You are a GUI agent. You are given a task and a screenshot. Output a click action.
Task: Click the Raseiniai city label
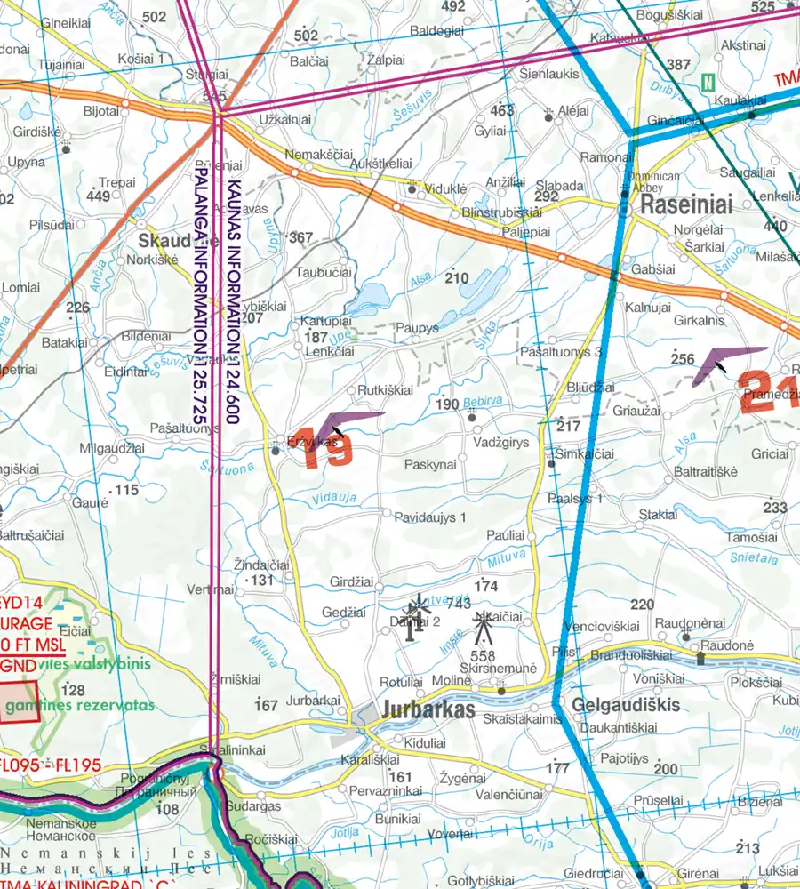pyautogui.click(x=687, y=206)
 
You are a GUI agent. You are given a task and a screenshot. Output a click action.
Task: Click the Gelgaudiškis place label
pyautogui.click(x=627, y=705)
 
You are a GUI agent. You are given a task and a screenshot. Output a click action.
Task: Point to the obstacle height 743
pyautogui.click(x=458, y=604)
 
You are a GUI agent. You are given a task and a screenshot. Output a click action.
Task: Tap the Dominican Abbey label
pyautogui.click(x=655, y=182)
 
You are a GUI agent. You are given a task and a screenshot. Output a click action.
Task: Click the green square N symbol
pyautogui.click(x=708, y=83)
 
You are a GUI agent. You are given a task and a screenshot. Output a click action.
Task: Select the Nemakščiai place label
pyautogui.click(x=313, y=155)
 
